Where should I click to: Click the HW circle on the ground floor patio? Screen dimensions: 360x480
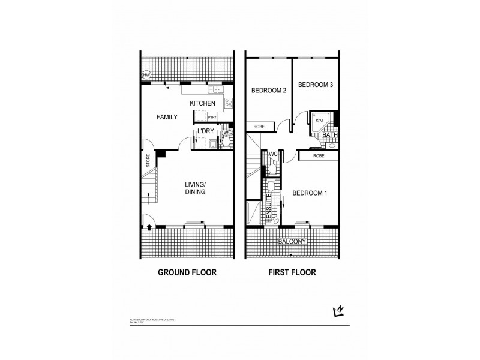pyautogui.click(x=146, y=76)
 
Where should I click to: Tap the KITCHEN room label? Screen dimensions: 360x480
pyautogui.click(x=202, y=104)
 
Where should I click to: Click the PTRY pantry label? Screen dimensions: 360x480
pyautogui.click(x=212, y=118)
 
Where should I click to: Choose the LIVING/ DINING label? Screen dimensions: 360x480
pyautogui.click(x=196, y=188)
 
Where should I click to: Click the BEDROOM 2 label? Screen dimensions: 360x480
pyautogui.click(x=268, y=90)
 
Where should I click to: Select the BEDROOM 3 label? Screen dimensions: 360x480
pyautogui.click(x=315, y=85)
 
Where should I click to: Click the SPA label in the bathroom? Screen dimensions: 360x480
pyautogui.click(x=319, y=121)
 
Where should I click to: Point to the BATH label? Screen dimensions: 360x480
pyautogui.click(x=330, y=135)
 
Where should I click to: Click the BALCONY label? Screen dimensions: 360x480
pyautogui.click(x=292, y=242)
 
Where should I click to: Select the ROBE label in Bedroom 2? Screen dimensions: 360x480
pyautogui.click(x=259, y=127)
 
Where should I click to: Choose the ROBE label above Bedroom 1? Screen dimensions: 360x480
pyautogui.click(x=319, y=155)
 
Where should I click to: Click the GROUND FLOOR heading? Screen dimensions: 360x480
pyautogui.click(x=187, y=272)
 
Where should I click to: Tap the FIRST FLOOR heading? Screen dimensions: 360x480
pyautogui.click(x=292, y=272)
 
